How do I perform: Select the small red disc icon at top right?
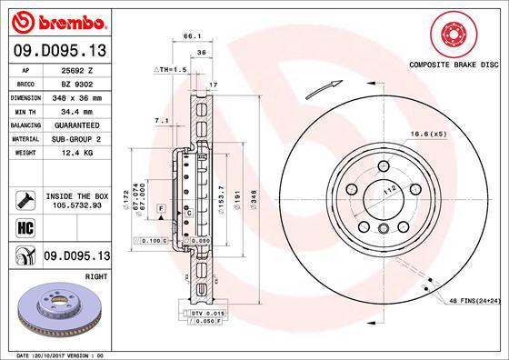tap(453, 34)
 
